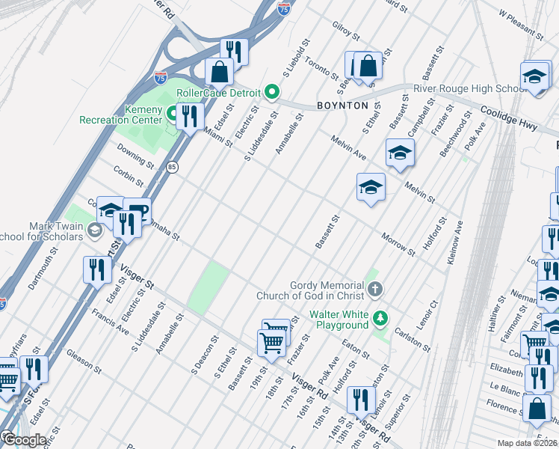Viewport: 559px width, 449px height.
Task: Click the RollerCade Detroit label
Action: [217, 93]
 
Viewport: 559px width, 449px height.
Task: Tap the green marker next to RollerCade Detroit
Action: [273, 93]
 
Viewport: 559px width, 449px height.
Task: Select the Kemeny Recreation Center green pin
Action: [172, 114]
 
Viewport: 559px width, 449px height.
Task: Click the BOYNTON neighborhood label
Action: [342, 106]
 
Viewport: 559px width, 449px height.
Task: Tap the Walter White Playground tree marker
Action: [381, 319]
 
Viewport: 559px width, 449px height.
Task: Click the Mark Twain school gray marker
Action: [94, 230]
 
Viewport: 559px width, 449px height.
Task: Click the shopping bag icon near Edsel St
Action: [220, 73]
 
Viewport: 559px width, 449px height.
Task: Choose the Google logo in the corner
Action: [24, 440]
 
